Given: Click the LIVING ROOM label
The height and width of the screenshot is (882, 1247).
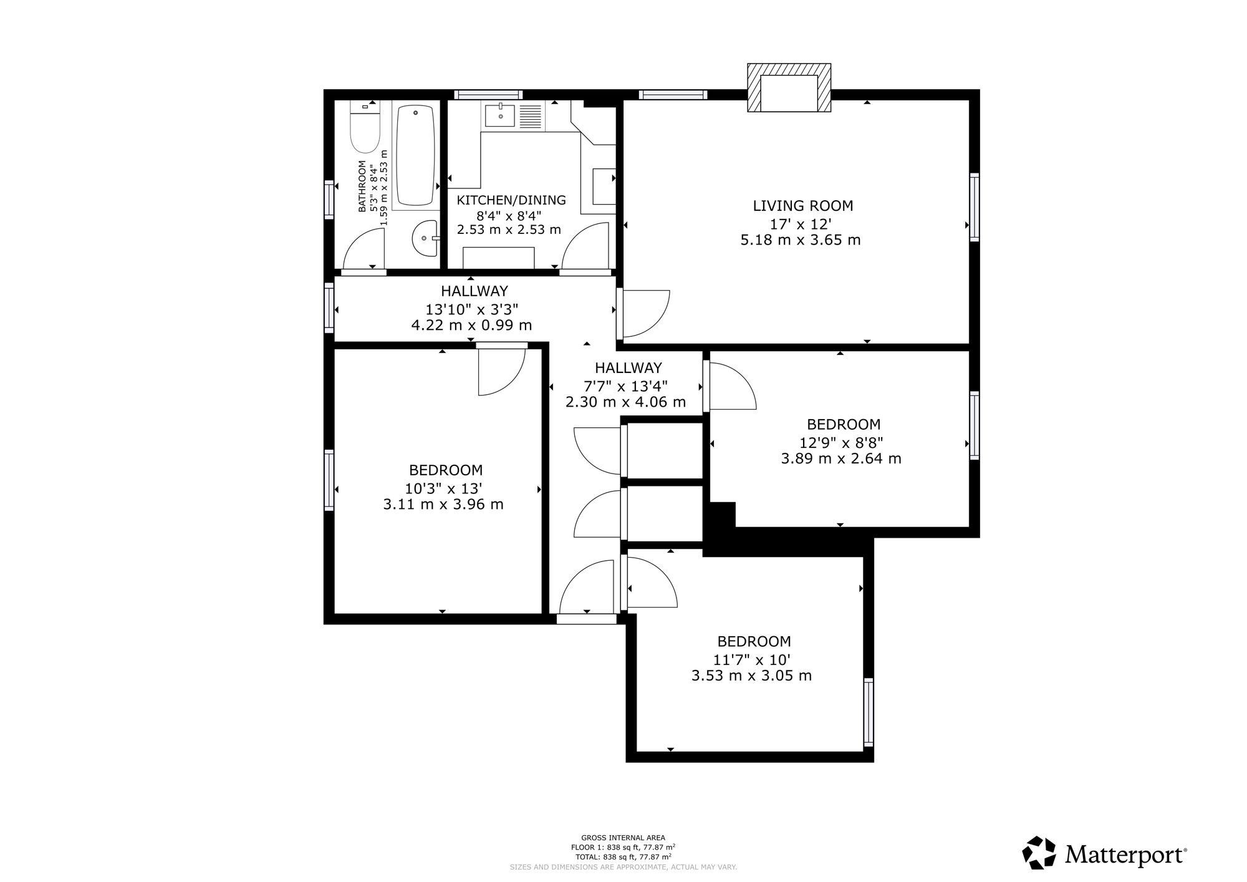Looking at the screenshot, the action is [802, 206].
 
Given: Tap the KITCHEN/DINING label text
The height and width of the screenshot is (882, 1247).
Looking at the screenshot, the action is [511, 200].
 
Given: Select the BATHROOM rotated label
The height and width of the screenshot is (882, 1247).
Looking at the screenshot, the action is [362, 187].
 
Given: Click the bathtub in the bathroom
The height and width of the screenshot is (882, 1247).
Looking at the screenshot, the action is [415, 155].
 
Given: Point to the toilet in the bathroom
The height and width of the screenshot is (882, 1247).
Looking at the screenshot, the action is [365, 127].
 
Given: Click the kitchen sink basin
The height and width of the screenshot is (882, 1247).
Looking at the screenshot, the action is [501, 115].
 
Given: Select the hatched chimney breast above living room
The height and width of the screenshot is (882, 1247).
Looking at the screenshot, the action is [789, 89].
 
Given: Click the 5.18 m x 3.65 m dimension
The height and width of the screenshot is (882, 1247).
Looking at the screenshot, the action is [801, 240].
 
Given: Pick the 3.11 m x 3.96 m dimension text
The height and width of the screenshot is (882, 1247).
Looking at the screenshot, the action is [443, 505].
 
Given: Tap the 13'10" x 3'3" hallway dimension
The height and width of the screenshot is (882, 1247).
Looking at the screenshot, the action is [472, 309].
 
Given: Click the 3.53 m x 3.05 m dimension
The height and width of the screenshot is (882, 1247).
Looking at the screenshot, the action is [752, 676].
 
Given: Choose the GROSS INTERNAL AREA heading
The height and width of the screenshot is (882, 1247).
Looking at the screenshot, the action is [623, 838].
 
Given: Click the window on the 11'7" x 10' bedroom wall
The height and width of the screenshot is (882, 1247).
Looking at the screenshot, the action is [868, 712].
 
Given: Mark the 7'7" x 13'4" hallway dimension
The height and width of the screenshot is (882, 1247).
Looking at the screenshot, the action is [625, 385].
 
